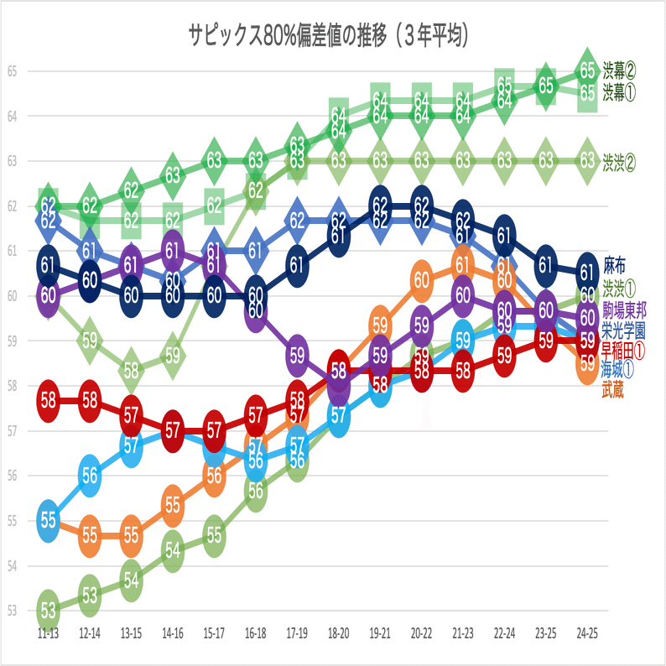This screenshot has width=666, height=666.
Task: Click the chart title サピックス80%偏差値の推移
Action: point(328,36)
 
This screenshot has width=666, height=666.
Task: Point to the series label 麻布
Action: point(615,267)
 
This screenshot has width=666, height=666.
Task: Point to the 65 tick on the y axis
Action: point(12,70)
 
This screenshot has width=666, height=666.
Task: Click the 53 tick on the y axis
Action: point(12,611)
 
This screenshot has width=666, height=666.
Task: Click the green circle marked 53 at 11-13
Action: point(48,608)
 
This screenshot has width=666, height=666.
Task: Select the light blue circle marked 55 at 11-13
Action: point(48,519)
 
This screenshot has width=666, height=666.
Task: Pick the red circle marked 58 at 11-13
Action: point(48,398)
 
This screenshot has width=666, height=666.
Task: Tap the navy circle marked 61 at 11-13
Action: point(48,267)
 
